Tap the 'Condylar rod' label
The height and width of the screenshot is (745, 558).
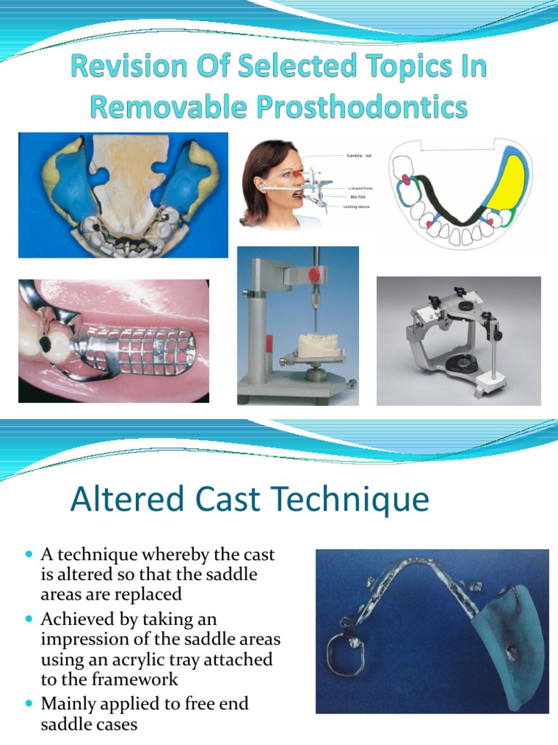pos(359,156)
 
